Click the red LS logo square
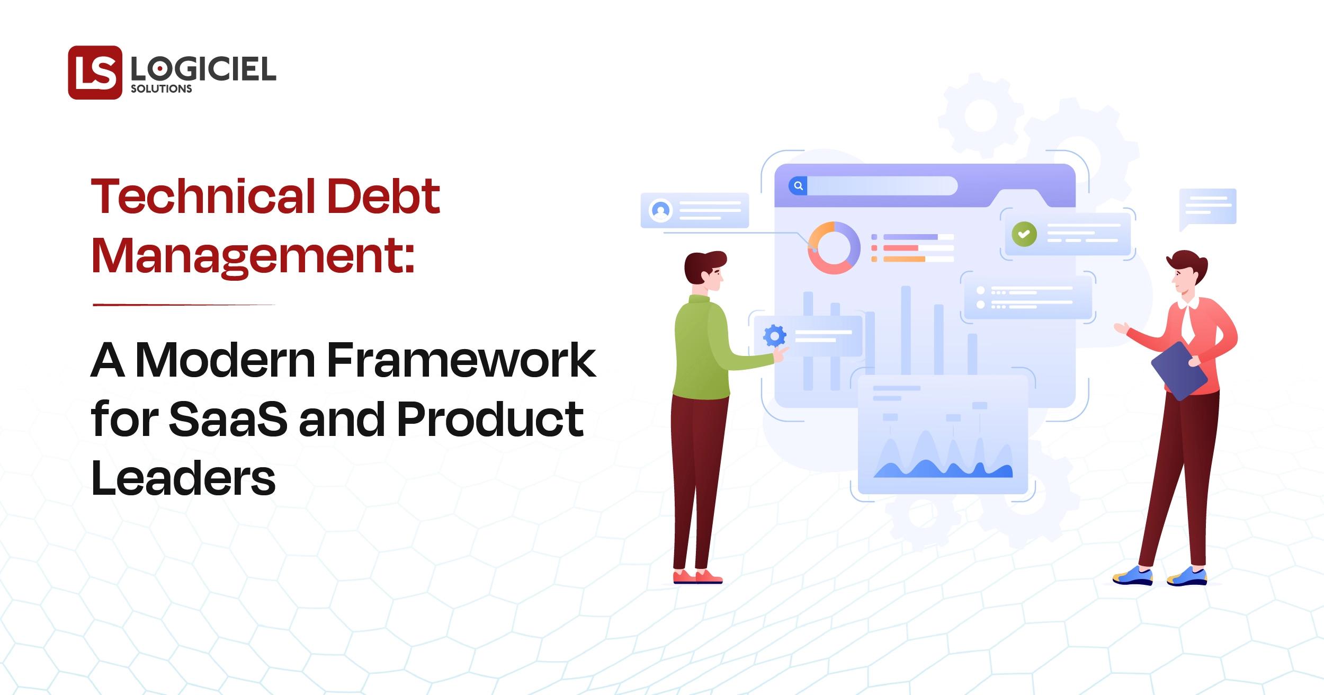[95, 73]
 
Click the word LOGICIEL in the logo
[203, 69]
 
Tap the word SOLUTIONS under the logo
[162, 89]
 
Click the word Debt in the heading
[384, 196]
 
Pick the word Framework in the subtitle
[461, 360]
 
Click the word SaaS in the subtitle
[228, 419]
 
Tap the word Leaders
[183, 478]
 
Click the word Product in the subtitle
[490, 419]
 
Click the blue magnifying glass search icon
[798, 186]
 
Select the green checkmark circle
[1024, 234]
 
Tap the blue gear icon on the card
[775, 336]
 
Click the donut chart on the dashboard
[834, 248]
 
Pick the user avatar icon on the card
[660, 210]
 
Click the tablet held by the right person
[1179, 370]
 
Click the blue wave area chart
[943, 461]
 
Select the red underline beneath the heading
[184, 305]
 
